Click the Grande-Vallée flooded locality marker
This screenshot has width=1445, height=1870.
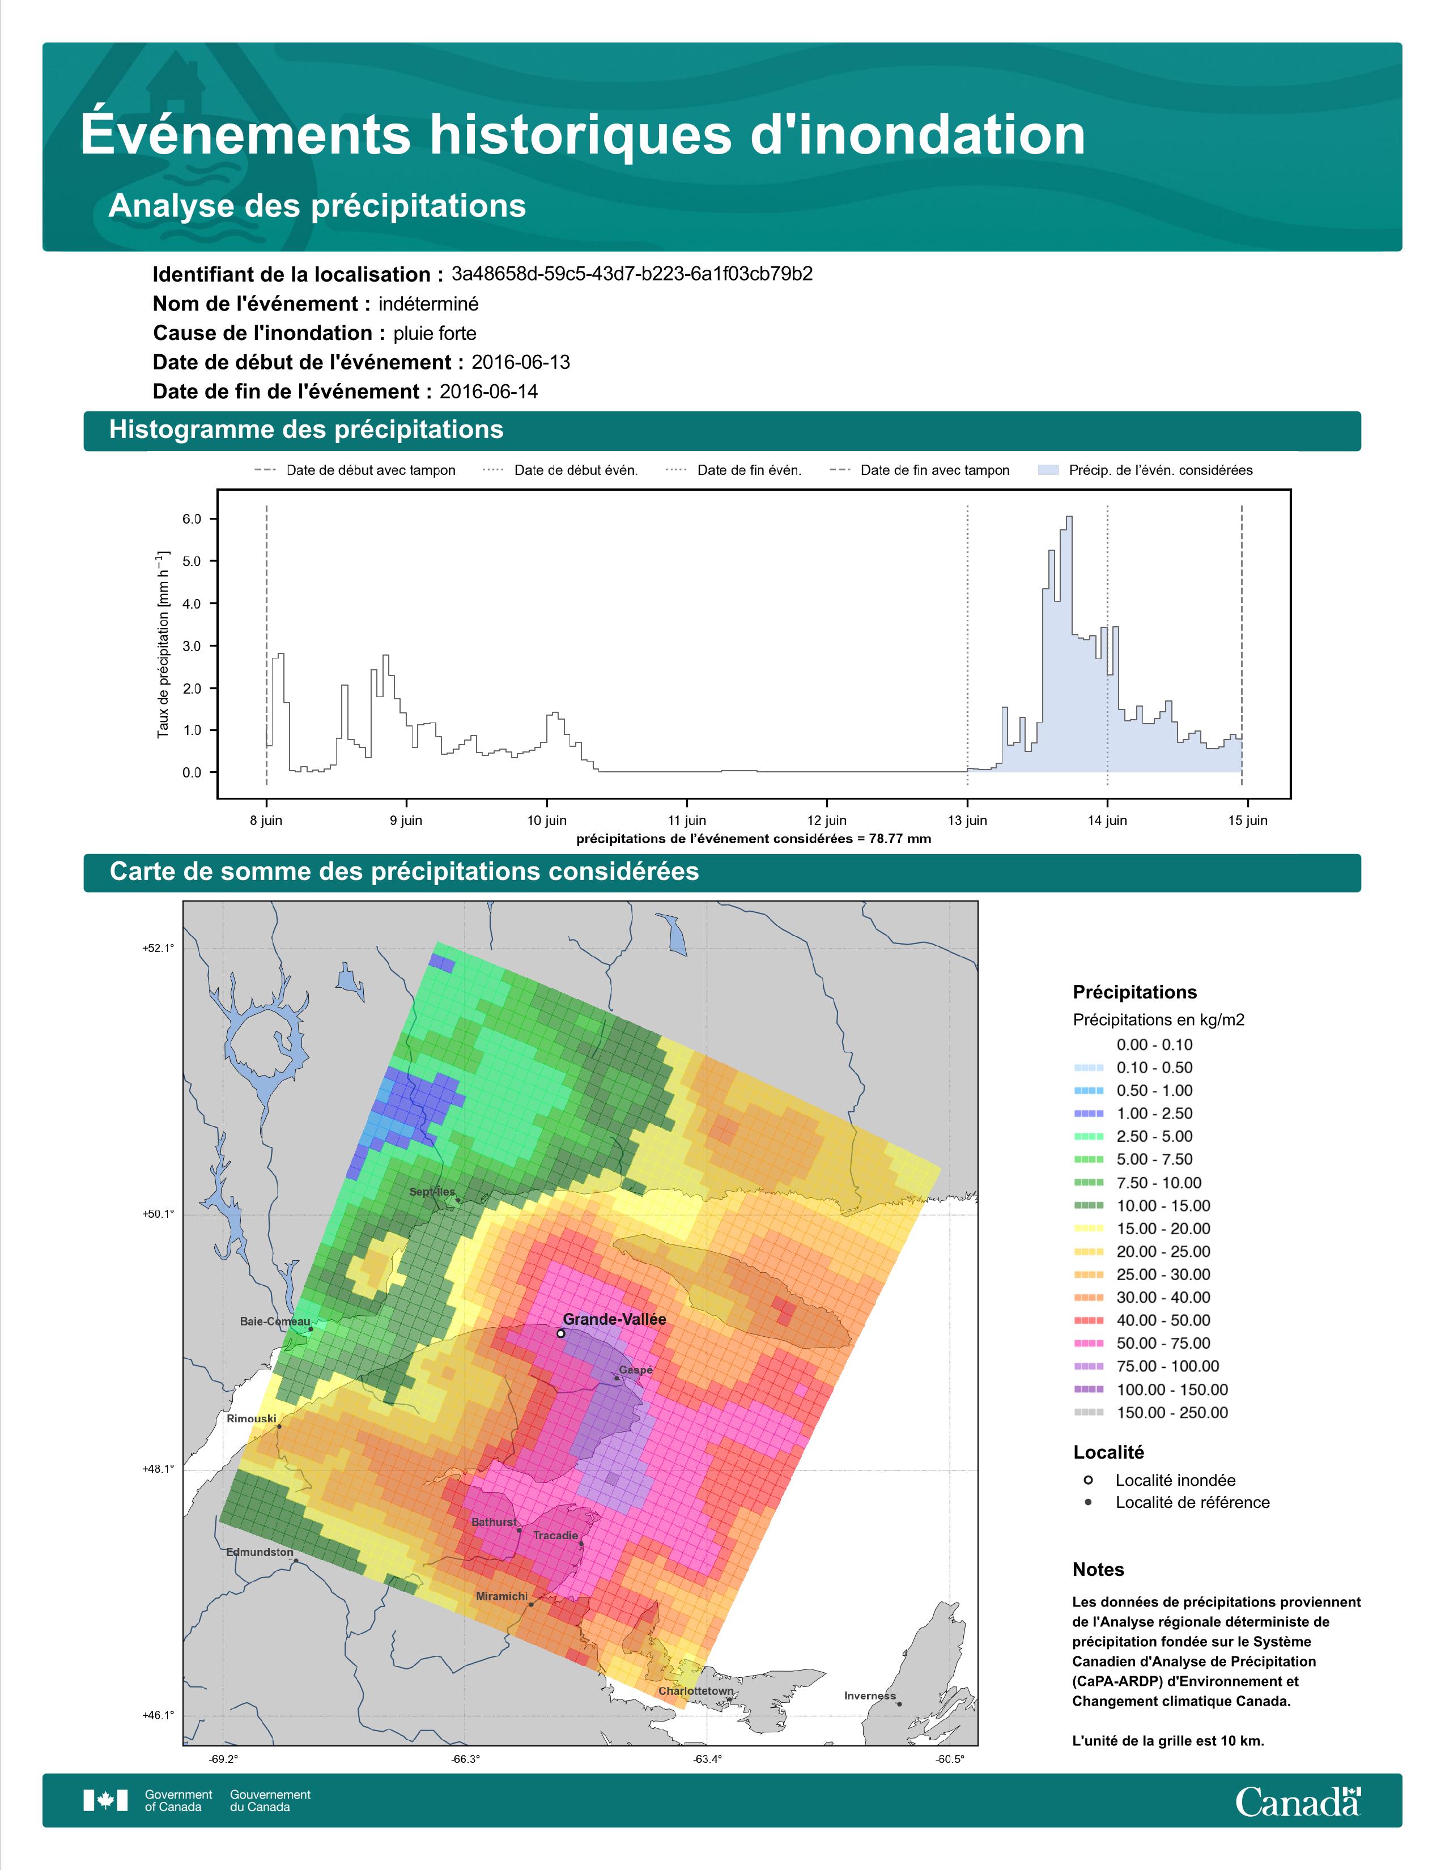(x=560, y=1333)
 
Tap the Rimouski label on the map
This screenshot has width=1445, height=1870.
(x=252, y=1419)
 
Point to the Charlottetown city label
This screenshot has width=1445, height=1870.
(x=696, y=1691)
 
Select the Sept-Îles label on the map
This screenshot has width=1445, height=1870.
(x=432, y=1192)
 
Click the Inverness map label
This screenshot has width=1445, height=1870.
(x=870, y=1695)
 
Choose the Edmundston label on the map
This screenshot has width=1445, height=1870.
(x=260, y=1552)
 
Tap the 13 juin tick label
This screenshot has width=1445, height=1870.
(x=967, y=821)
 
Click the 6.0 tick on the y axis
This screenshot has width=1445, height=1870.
(x=192, y=519)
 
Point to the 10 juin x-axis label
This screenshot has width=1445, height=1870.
(x=546, y=821)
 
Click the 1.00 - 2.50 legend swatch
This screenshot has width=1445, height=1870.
(x=1088, y=1113)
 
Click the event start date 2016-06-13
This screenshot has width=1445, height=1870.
(x=520, y=362)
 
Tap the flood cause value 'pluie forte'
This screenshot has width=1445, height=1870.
(x=435, y=333)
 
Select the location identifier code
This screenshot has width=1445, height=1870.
(x=632, y=274)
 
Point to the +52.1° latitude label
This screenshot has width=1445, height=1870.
(x=158, y=948)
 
